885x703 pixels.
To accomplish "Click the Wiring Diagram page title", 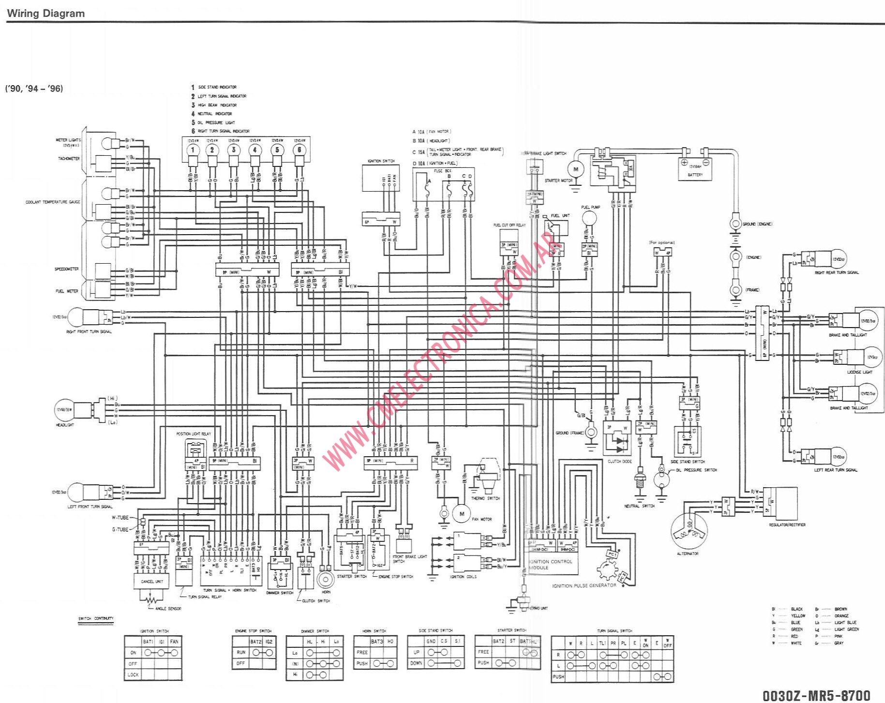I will [x=45, y=14].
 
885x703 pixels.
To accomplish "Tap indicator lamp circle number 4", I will [x=255, y=150].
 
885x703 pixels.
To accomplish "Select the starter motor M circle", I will [x=576, y=169].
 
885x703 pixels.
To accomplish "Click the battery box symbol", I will [x=695, y=169].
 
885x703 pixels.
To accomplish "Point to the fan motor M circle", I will [x=462, y=514].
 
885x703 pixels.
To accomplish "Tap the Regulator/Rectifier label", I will [x=787, y=524].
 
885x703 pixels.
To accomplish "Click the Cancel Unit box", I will [x=151, y=581].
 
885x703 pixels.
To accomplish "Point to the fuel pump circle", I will [x=589, y=218].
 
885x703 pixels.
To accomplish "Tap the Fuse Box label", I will [x=442, y=171].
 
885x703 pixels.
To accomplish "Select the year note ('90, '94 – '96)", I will [x=34, y=89].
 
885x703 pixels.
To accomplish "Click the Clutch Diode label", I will [x=620, y=462].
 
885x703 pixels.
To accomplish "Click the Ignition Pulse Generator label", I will [x=584, y=585].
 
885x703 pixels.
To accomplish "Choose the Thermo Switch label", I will [x=485, y=498].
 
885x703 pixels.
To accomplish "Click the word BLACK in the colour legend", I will [x=796, y=609].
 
